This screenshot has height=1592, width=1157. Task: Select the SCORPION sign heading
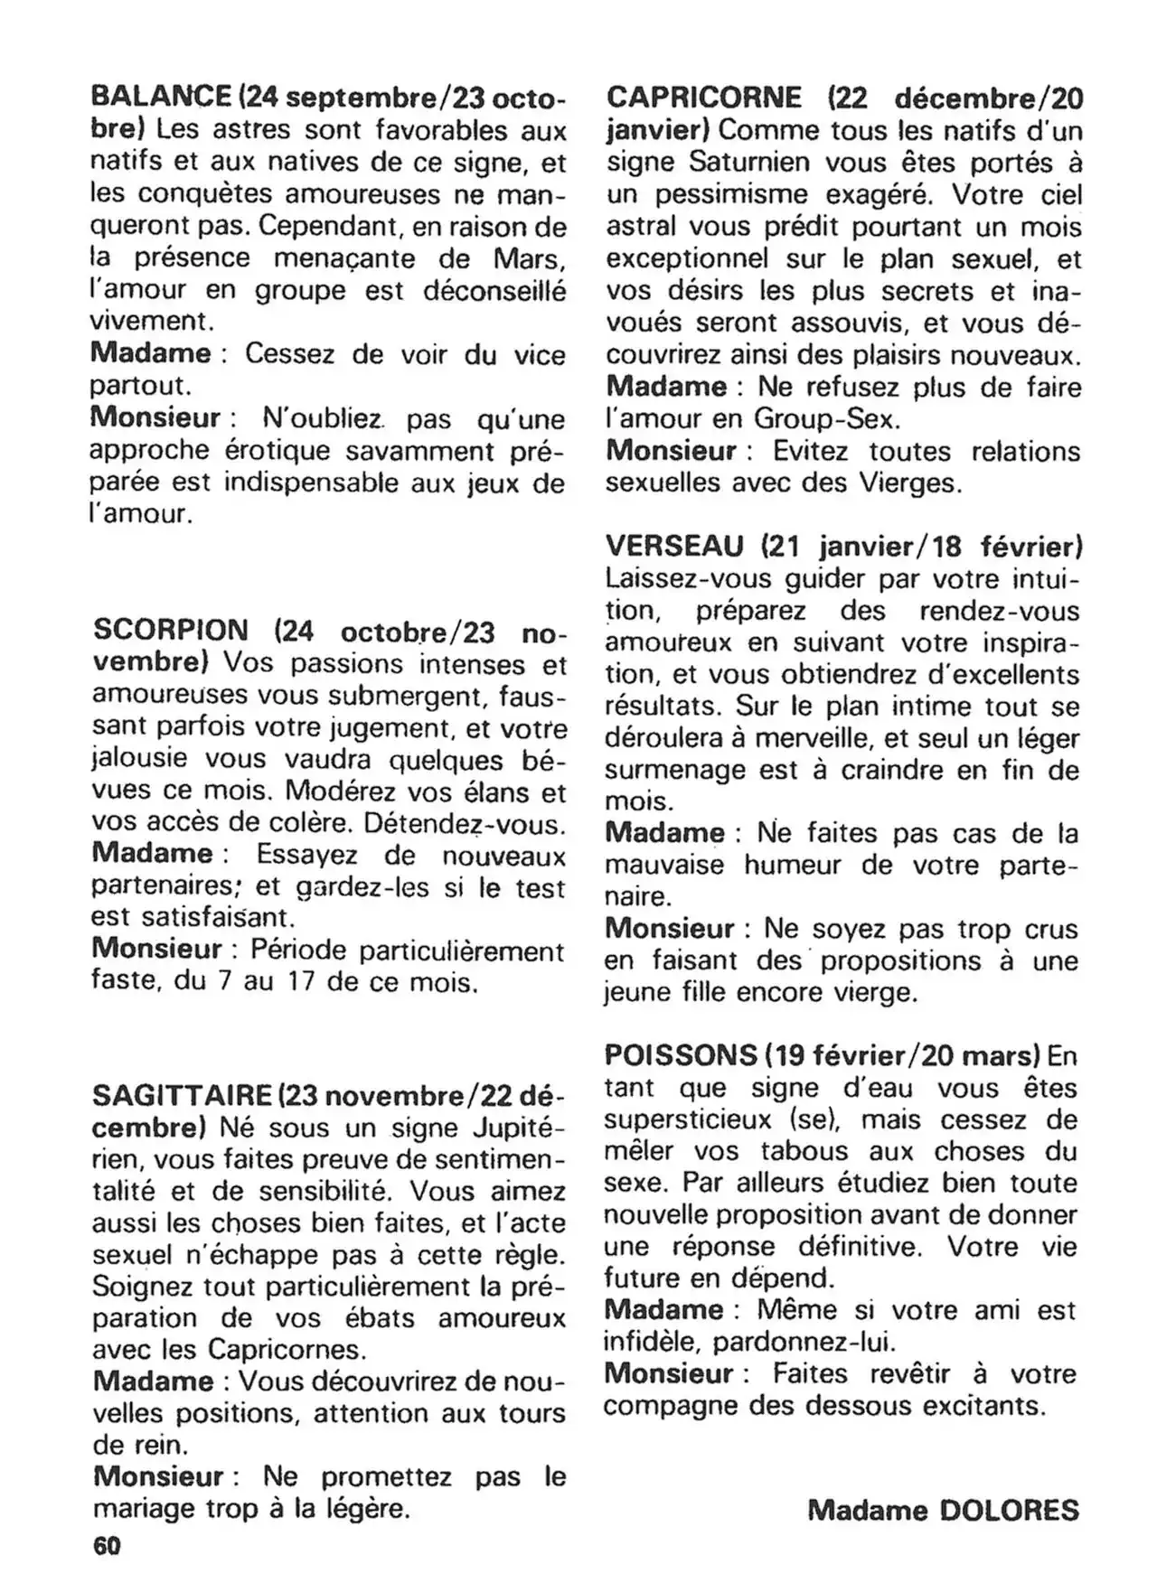[170, 630]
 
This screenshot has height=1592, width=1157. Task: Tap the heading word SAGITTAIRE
[182, 1096]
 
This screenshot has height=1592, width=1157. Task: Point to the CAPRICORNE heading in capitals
[703, 98]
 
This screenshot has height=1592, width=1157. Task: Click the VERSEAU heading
[674, 546]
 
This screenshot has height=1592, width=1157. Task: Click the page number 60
[106, 1546]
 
